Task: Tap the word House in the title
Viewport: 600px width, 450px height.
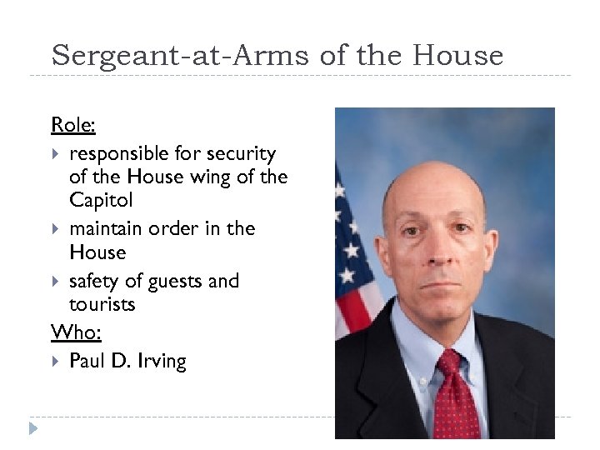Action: point(458,56)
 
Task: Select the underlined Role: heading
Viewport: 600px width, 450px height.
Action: point(73,125)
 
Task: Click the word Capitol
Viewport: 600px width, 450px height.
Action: point(101,200)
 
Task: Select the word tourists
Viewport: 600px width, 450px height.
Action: point(102,304)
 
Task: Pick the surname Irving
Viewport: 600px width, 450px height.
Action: point(162,361)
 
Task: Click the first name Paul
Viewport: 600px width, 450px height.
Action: point(87,361)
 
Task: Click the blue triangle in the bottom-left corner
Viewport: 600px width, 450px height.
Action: point(32,429)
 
